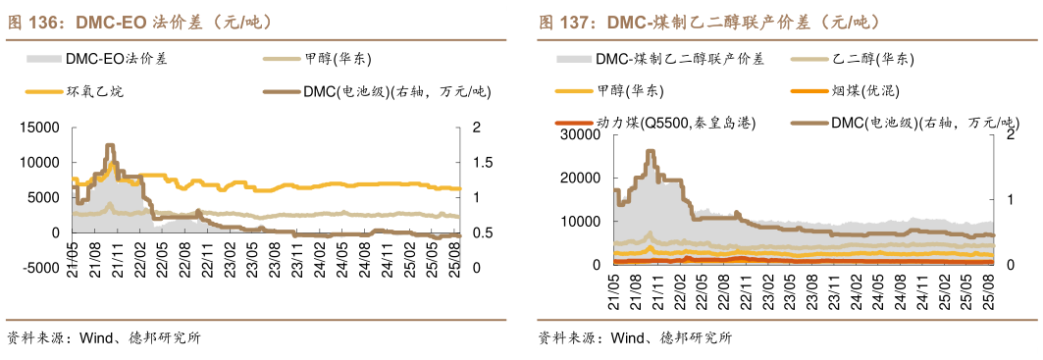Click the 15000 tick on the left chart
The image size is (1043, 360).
[41, 128]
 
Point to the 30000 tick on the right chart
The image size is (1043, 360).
[580, 133]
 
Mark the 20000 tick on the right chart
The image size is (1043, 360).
[580, 178]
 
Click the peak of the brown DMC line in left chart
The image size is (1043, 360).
[110, 145]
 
